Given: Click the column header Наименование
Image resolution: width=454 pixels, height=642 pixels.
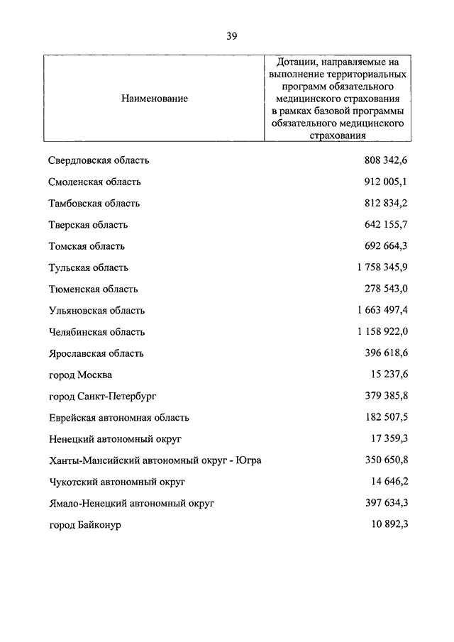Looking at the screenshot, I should tap(154, 99).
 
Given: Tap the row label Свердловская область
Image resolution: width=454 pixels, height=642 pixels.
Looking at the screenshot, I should tap(99, 160).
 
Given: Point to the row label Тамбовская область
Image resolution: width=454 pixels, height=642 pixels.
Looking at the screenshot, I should tap(94, 203).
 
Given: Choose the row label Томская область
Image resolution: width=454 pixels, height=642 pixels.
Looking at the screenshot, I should tap(87, 246).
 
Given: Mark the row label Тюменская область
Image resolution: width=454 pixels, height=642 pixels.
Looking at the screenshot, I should tap(93, 289).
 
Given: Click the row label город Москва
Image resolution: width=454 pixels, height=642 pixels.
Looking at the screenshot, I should tap(80, 375).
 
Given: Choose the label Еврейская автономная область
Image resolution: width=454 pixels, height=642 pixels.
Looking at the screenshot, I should tap(118, 418).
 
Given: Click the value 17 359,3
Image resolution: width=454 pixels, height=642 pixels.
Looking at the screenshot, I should tap(390, 439).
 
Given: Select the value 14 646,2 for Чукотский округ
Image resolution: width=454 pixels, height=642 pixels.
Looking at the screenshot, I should tap(390, 482).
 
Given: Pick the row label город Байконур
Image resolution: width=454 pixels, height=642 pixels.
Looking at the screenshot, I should tap(85, 525).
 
